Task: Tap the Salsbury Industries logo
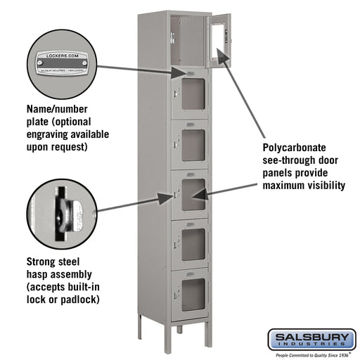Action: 311,340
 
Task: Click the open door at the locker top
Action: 218,39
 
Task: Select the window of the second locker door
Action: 193,94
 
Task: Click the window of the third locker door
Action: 193,143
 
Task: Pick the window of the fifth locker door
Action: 193,243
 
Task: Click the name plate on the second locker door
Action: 191,74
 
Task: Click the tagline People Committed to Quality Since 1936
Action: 311,355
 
